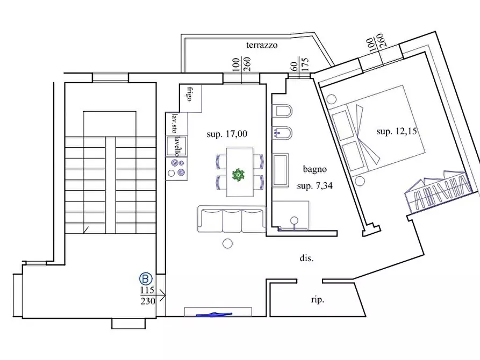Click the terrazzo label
click(262, 45)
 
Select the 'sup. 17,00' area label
click(227, 134)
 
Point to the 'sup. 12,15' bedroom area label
click(397, 131)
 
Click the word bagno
click(314, 169)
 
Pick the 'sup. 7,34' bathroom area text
click(314, 185)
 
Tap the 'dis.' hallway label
click(306, 258)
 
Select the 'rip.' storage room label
click(318, 299)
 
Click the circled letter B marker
click(146, 278)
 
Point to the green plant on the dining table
click(238, 175)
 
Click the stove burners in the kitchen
click(176, 168)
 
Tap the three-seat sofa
click(232, 219)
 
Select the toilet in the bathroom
click(282, 111)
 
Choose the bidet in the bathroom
click(282, 133)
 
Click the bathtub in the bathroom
click(281, 170)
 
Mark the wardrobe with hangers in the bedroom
click(438, 191)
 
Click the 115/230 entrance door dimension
click(148, 296)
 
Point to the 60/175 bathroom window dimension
click(299, 65)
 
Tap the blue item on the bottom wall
click(214, 314)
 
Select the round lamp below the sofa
click(227, 243)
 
